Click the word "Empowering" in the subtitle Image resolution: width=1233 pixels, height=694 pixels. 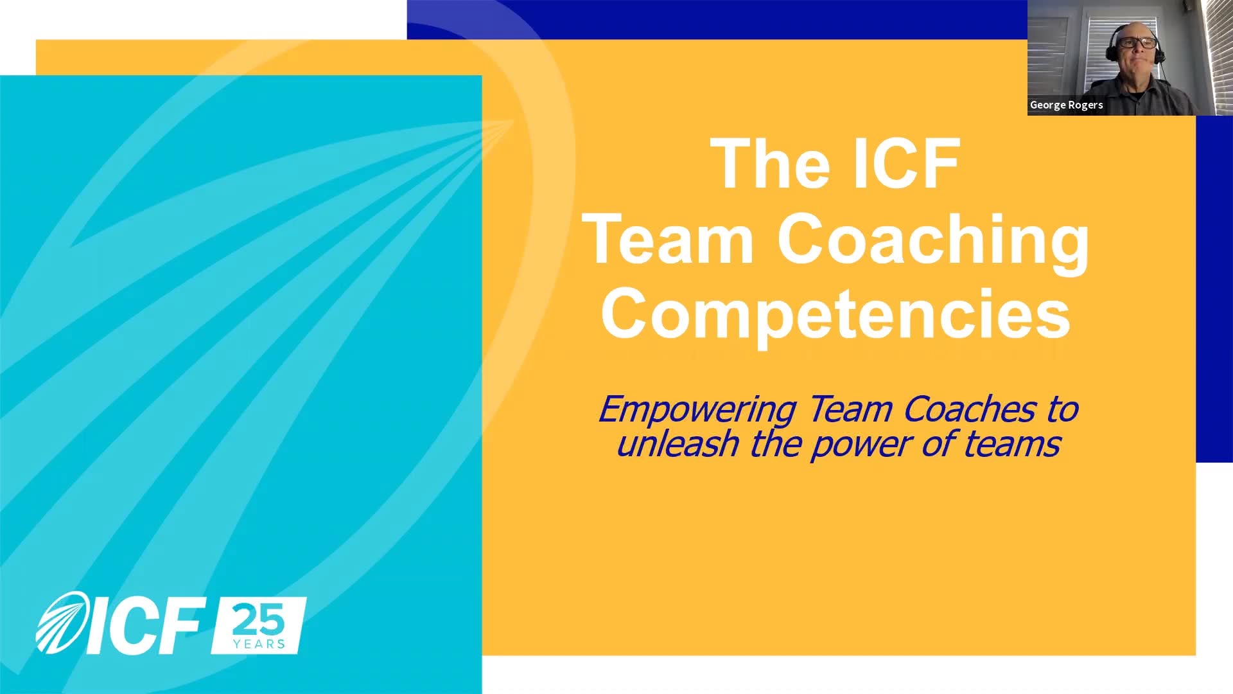[x=697, y=410]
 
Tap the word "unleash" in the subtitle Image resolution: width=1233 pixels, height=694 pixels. [x=678, y=444]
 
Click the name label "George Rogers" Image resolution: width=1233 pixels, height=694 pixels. [x=1066, y=105]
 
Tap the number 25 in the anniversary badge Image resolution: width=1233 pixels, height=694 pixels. [x=258, y=619]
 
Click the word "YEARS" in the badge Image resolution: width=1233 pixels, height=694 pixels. [x=259, y=644]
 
